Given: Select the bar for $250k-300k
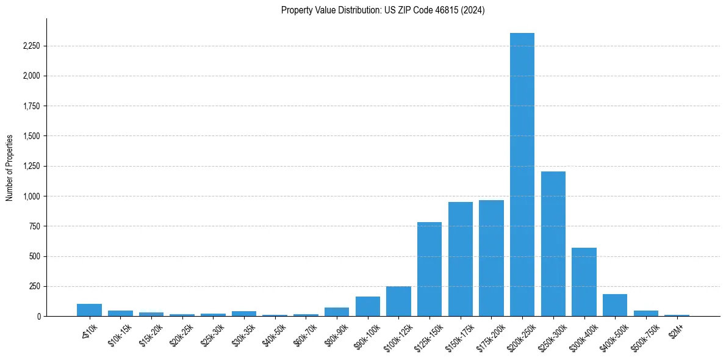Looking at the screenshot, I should point(553,244).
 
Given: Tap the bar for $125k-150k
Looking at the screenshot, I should point(429,269).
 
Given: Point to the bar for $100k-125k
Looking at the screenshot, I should point(398,301).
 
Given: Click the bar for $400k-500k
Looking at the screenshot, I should point(615,305).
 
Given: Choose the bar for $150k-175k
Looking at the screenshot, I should point(461,259).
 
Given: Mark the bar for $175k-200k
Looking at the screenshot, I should point(491,258).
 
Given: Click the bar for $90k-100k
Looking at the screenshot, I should point(368,306).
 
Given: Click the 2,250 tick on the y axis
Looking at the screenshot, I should point(32,46).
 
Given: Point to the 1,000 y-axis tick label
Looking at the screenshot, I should point(32,196).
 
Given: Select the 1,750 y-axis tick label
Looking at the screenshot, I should point(32,106).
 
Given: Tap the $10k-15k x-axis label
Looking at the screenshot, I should point(120,333).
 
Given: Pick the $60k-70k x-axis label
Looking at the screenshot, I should point(305,333).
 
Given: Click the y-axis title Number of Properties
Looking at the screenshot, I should point(9,168).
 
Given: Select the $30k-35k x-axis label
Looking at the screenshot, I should point(243,333).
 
